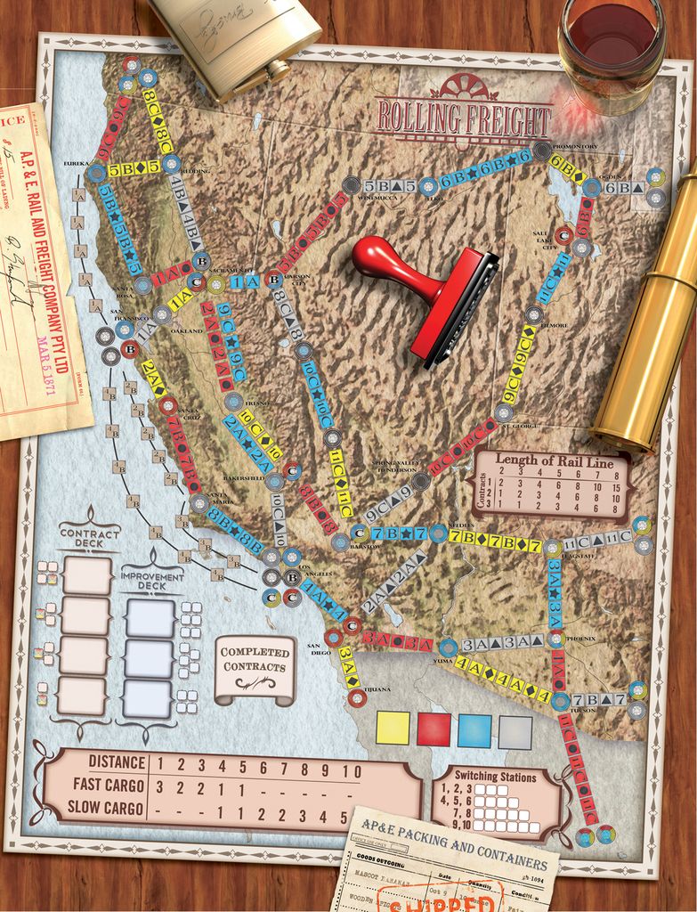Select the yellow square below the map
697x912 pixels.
(x=393, y=728)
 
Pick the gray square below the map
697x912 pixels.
(x=515, y=732)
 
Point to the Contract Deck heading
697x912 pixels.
(x=89, y=535)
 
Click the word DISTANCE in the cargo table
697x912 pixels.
(x=117, y=762)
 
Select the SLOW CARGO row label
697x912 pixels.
(x=104, y=809)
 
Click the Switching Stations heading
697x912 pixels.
(x=496, y=776)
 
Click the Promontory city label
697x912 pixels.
(x=575, y=146)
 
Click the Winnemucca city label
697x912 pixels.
(x=352, y=199)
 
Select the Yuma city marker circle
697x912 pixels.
(x=448, y=647)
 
